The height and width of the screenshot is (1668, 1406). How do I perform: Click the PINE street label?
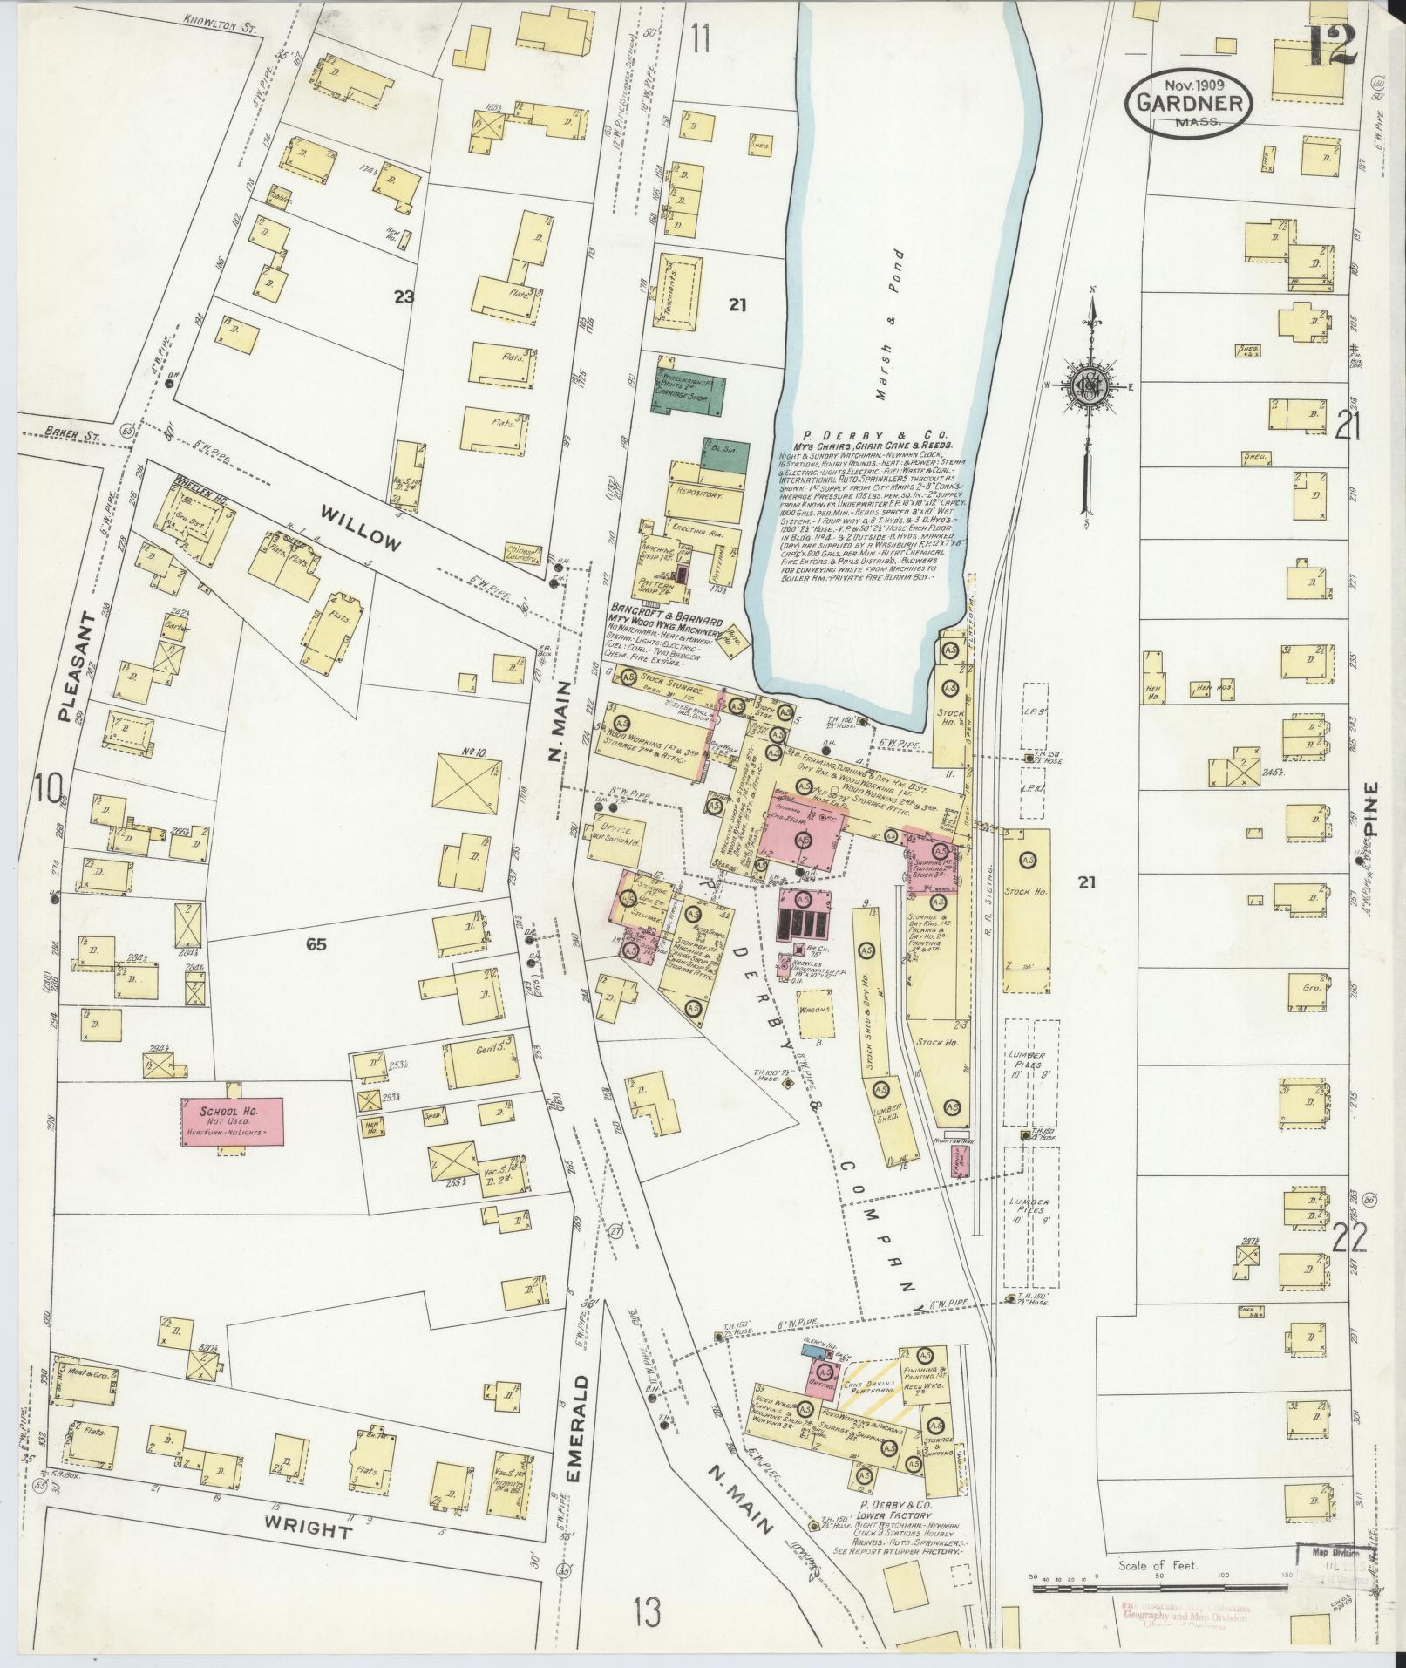point(1375,809)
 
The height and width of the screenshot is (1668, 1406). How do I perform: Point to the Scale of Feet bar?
point(1159,1589)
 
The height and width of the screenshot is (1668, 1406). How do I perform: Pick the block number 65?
point(316,943)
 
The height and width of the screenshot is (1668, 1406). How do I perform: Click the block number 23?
point(404,297)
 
